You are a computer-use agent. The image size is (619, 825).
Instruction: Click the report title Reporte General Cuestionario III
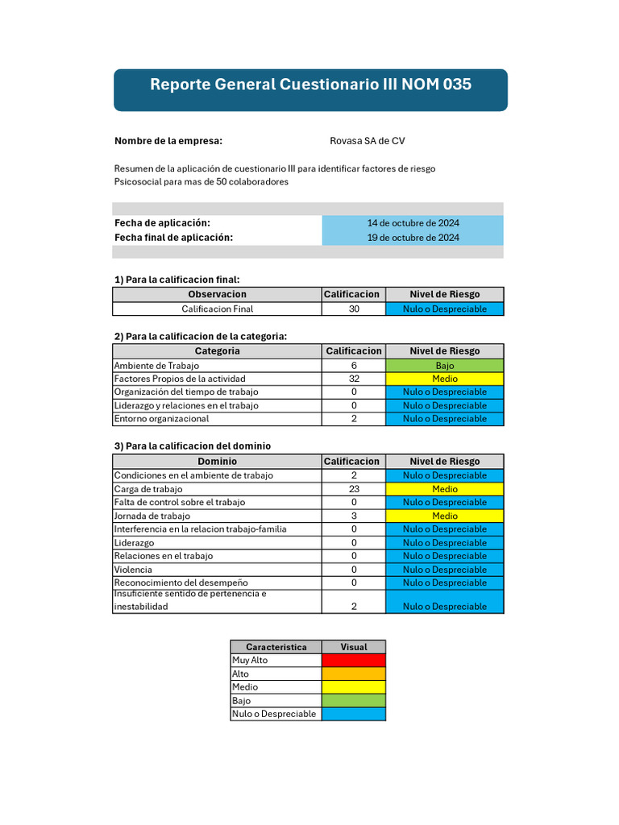click(310, 85)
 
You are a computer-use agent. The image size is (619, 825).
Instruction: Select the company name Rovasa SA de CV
click(368, 141)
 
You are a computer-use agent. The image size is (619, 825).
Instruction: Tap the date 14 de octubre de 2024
click(413, 223)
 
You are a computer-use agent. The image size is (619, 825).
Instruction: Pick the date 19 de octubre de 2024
click(413, 238)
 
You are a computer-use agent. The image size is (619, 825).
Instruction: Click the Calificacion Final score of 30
click(354, 309)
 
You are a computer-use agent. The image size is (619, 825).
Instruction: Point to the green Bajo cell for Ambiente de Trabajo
click(444, 366)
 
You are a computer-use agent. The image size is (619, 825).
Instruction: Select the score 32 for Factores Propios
click(354, 379)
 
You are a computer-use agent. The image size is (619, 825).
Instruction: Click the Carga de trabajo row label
click(148, 489)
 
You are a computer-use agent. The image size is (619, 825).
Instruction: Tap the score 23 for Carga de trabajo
click(354, 489)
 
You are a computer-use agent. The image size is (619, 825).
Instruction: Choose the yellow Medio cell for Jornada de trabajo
click(444, 516)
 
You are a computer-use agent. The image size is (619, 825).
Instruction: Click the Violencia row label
click(133, 570)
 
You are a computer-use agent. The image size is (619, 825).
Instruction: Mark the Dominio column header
click(217, 462)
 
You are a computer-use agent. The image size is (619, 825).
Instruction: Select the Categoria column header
click(217, 351)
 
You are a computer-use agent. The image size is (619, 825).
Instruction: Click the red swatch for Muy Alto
click(353, 661)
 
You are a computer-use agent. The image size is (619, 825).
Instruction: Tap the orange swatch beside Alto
click(353, 674)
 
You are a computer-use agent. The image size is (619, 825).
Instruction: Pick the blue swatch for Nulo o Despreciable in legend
click(353, 714)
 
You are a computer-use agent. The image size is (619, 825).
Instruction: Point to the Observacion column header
click(217, 295)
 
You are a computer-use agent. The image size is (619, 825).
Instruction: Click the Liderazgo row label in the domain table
click(134, 543)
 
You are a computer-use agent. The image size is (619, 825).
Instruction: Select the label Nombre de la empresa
click(168, 141)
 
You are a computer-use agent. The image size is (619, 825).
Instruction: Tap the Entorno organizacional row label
click(161, 419)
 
